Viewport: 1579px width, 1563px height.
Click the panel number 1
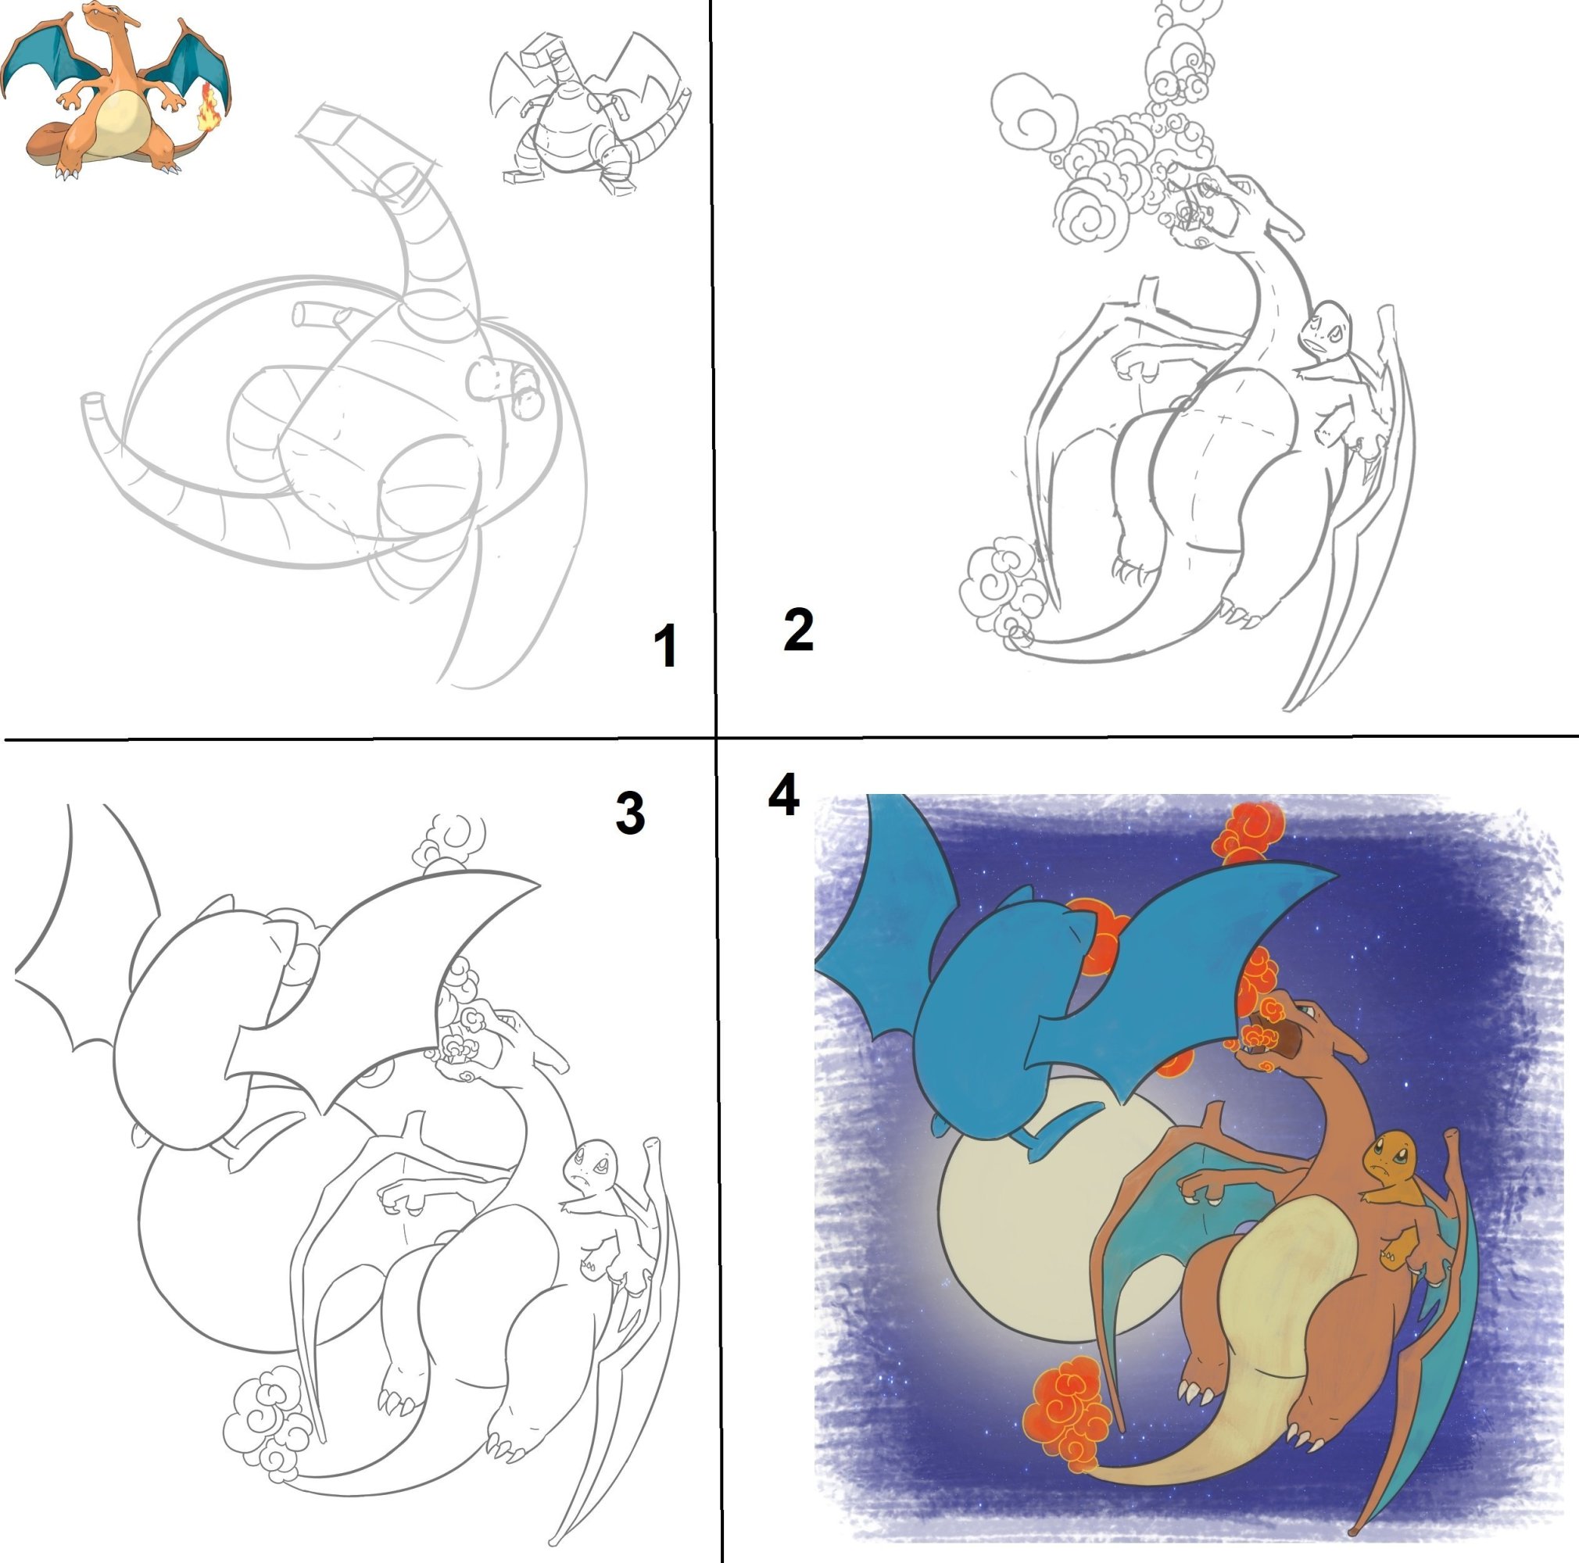pos(666,646)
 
